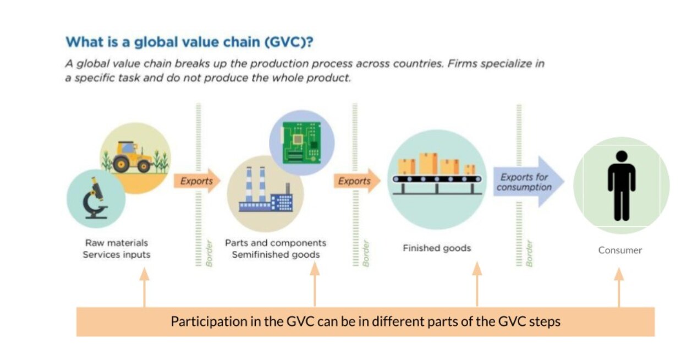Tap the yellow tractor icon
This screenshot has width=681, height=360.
coord(131,157)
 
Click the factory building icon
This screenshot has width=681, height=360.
coord(265,193)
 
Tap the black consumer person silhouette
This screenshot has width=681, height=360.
coord(621,185)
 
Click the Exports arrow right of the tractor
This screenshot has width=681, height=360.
coord(196,181)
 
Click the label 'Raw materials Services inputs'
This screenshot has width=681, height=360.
coord(117,249)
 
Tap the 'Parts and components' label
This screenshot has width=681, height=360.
coord(275,243)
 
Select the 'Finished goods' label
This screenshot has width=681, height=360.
coord(437,248)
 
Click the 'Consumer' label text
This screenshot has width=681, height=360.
coord(620,250)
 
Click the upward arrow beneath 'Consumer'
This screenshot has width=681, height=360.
coord(619,286)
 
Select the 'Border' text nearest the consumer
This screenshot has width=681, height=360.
coord(529,253)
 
